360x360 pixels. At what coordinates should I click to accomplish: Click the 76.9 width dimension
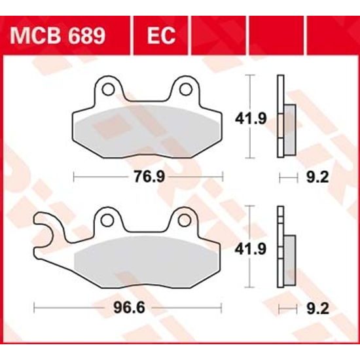[x=149, y=176]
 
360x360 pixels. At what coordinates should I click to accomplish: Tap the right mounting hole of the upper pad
[x=185, y=88]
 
